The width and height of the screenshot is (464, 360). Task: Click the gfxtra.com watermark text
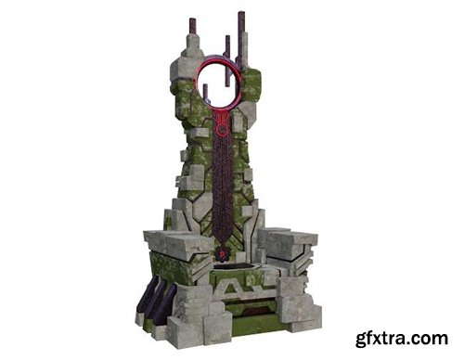click(x=402, y=339)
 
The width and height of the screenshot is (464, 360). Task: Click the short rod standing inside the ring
click(x=205, y=92)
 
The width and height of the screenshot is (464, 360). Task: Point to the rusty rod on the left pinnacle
click(x=193, y=28)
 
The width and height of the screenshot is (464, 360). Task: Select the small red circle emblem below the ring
click(x=222, y=131)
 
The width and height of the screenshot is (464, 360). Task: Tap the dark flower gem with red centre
click(x=222, y=254)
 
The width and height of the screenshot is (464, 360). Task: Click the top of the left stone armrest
click(x=176, y=238)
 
